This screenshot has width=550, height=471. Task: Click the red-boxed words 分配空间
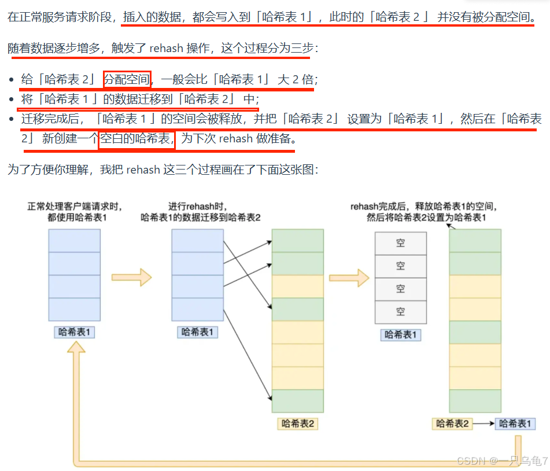click(127, 80)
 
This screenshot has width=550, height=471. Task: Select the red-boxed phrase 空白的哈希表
click(136, 139)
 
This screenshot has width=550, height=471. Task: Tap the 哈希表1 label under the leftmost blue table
click(75, 332)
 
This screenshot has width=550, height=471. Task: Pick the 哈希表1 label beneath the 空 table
click(400, 334)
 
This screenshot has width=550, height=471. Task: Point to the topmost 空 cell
click(400, 244)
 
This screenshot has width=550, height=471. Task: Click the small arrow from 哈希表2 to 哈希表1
click(483, 424)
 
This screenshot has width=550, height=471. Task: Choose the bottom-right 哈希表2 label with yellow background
click(452, 424)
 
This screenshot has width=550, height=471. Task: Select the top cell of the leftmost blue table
click(75, 241)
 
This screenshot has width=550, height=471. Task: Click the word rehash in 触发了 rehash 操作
click(166, 49)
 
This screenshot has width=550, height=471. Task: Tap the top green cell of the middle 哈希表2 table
click(297, 241)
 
